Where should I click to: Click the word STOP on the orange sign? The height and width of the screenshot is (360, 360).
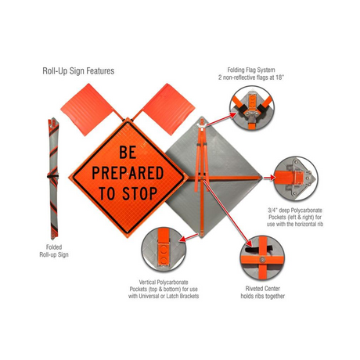point(139,193)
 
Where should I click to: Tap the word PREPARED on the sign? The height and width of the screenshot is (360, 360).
point(128,173)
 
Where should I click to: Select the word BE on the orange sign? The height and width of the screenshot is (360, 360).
point(128,152)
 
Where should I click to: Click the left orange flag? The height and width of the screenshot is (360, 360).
point(88,109)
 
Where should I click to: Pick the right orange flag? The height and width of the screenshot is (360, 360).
point(167,109)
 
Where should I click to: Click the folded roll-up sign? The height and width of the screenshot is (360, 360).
point(53,178)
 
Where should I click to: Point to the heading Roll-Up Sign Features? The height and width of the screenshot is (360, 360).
point(78,71)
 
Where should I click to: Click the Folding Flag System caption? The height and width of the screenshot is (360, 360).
point(250,74)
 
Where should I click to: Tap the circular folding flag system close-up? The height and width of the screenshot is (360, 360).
point(252,108)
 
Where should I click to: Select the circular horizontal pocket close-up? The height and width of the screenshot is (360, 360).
point(296,178)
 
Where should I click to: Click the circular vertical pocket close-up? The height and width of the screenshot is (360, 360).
point(164,250)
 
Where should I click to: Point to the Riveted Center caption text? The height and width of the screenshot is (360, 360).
point(262,292)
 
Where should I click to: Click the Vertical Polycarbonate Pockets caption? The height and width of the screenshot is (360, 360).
point(164,289)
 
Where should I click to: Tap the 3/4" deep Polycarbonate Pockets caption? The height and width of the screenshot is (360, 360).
point(295,217)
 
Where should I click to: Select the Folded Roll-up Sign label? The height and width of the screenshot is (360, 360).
point(54,250)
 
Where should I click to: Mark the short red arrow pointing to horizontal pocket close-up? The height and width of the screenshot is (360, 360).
point(269,178)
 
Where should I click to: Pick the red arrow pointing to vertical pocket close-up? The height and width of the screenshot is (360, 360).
point(189,237)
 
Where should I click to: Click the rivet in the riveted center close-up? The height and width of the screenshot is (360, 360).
point(263,260)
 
